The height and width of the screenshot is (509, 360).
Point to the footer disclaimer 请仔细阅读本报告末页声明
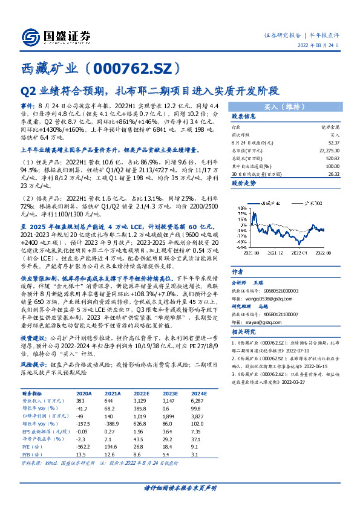(x=180, y=487)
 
